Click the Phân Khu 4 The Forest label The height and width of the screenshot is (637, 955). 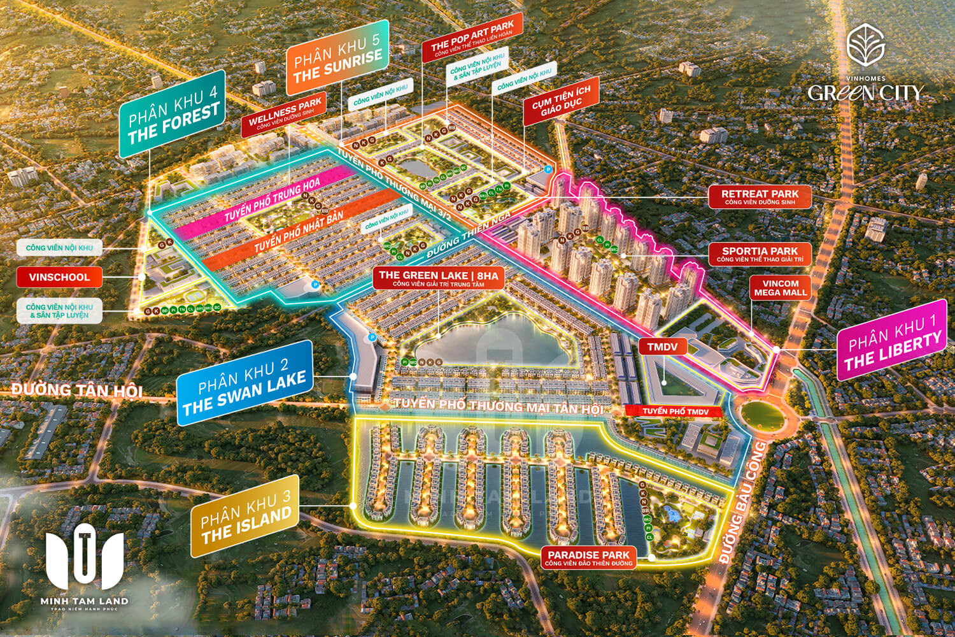pyautogui.click(x=173, y=115)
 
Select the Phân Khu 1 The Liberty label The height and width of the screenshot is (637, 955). pyautogui.click(x=891, y=341)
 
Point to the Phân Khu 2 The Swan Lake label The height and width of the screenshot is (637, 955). pyautogui.click(x=244, y=383)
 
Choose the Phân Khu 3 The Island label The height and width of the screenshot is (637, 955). pyautogui.click(x=244, y=516)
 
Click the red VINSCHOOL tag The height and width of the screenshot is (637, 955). pyautogui.click(x=59, y=277)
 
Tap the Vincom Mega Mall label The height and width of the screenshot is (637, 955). pyautogui.click(x=780, y=288)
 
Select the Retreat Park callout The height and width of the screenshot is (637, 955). pyautogui.click(x=760, y=197)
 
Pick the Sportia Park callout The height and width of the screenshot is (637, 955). pyautogui.click(x=760, y=254)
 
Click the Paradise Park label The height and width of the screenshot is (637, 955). pyautogui.click(x=588, y=558)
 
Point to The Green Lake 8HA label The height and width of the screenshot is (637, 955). pyautogui.click(x=439, y=278)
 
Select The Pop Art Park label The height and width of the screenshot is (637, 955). pyautogui.click(x=472, y=37)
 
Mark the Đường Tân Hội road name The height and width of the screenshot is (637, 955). pyautogui.click(x=76, y=389)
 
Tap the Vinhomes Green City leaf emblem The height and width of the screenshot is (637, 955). pyautogui.click(x=865, y=45)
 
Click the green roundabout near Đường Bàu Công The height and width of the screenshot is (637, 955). pyautogui.click(x=763, y=415)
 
